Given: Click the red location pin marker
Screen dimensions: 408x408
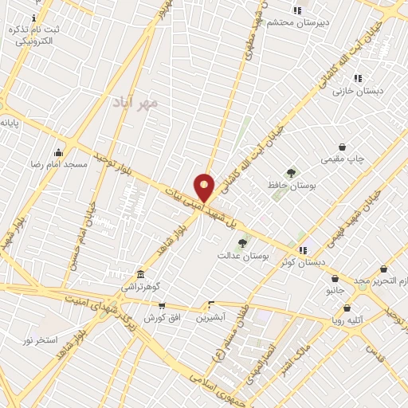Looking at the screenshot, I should [x=205, y=187].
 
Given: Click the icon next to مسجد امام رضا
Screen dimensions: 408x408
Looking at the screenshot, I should [x=58, y=152].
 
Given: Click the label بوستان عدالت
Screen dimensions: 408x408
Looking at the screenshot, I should [x=243, y=256].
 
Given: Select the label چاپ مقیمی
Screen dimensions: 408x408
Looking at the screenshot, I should [x=343, y=159].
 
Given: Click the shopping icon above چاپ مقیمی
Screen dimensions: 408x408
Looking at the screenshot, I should [x=343, y=147].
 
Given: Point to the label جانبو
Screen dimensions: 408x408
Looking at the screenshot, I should [x=334, y=291].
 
